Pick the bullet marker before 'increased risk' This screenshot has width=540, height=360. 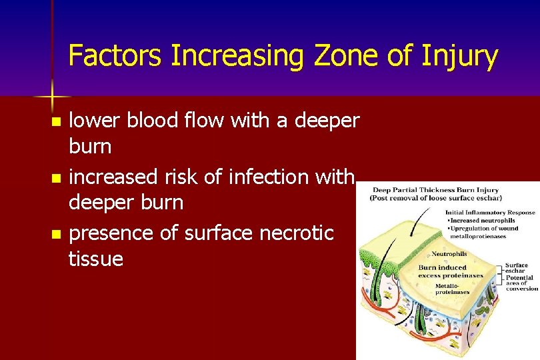tap(57, 179)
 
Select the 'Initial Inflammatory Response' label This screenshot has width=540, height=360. tap(490, 213)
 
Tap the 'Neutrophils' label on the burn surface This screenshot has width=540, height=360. tap(449, 254)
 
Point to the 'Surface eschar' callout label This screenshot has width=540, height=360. tap(517, 268)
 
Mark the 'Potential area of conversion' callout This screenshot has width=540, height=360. tap(519, 283)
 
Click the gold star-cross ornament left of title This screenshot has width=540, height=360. tap(53, 96)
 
